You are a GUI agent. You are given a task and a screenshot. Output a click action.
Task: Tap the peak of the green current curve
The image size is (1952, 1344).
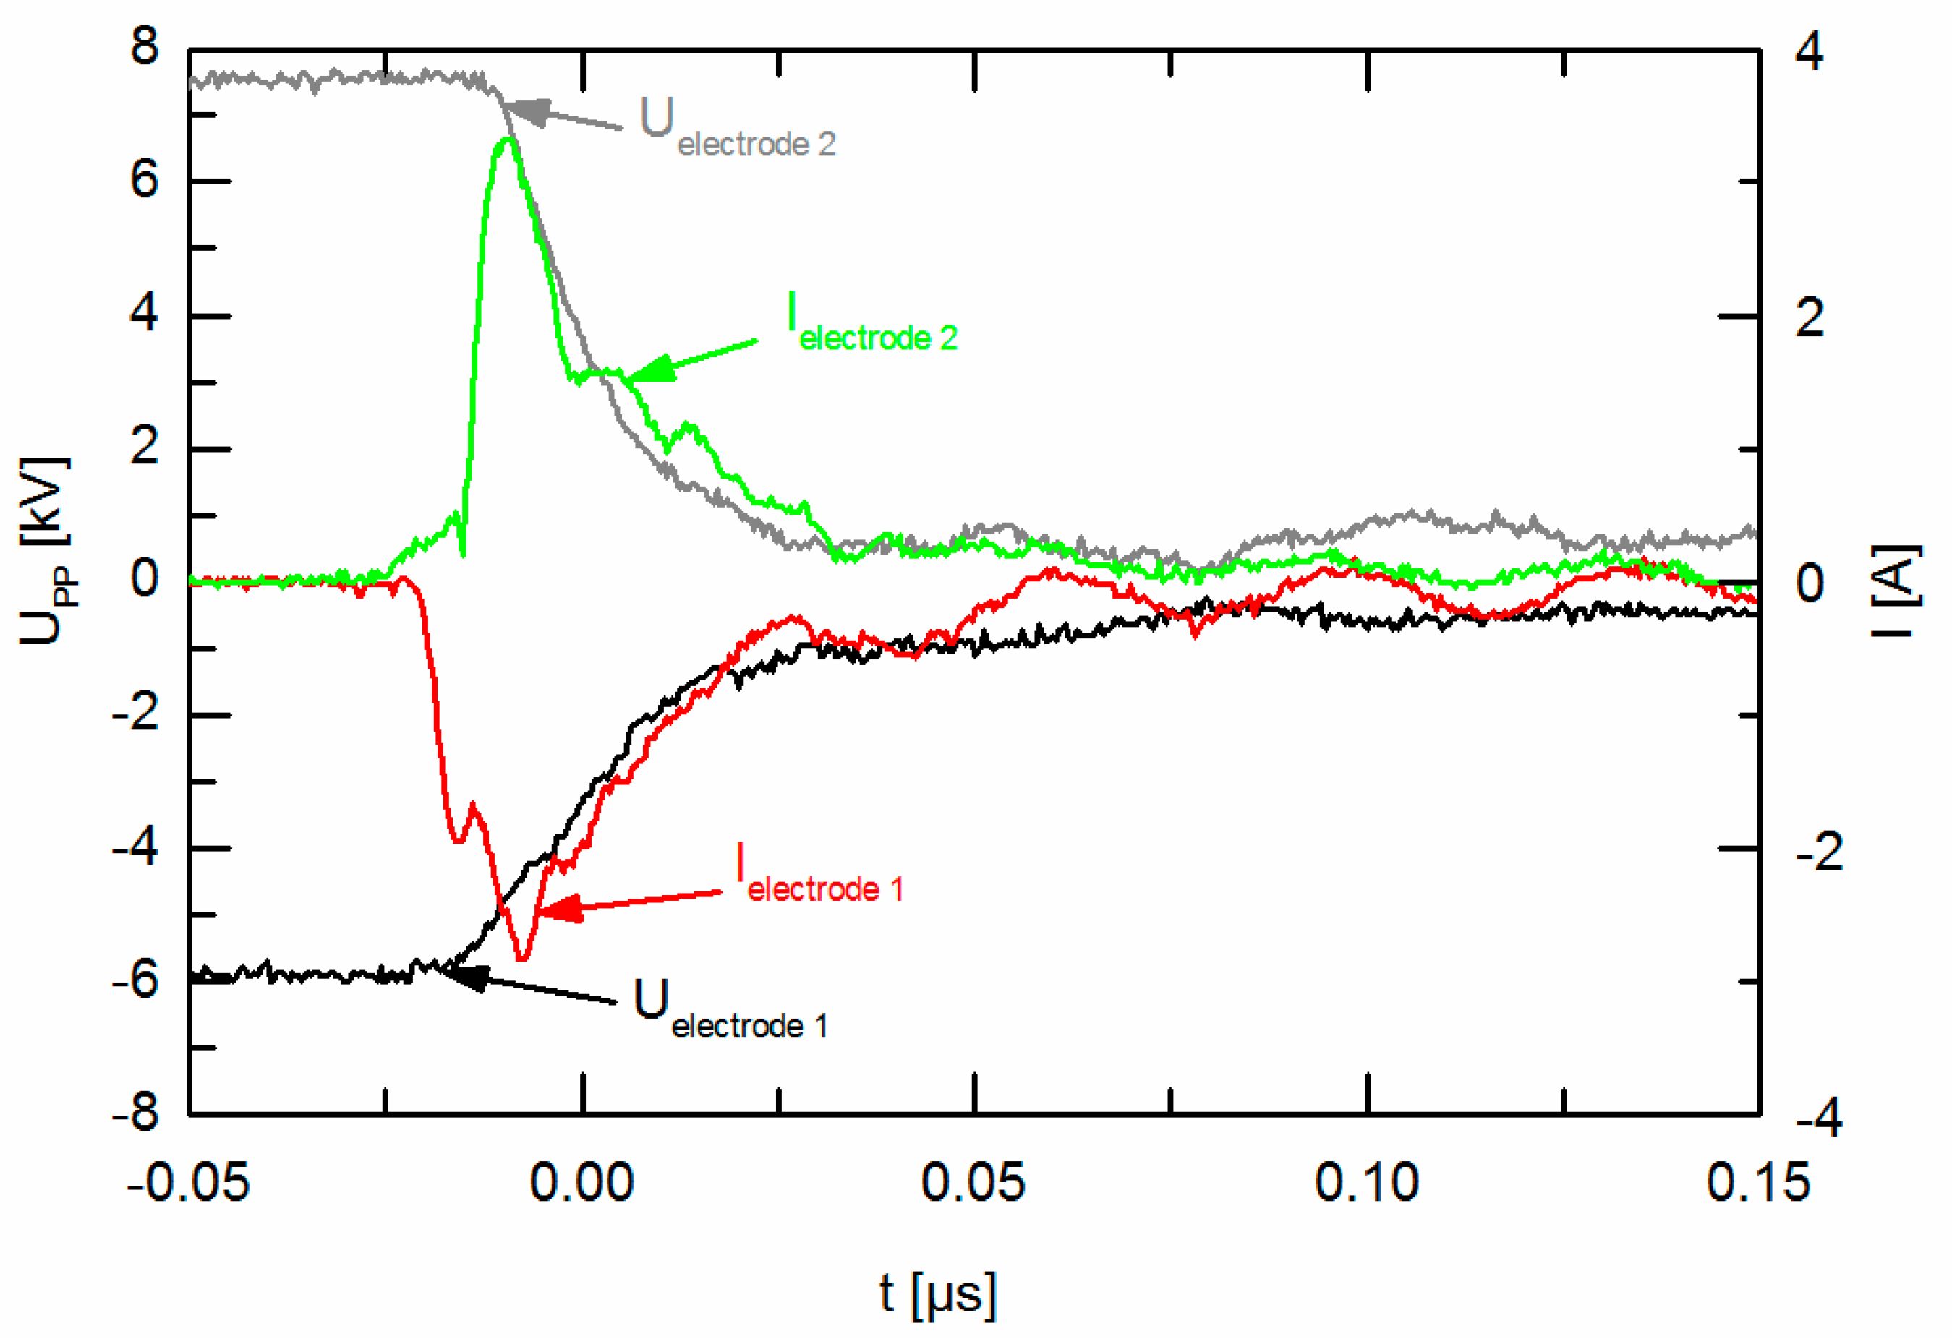tap(507, 139)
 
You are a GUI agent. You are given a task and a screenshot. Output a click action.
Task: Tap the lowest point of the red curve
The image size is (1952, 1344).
tap(523, 959)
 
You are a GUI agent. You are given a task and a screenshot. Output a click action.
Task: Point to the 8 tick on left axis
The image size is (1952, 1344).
tap(145, 46)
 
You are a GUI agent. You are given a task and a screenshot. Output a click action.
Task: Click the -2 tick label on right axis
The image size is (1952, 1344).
tap(1818, 852)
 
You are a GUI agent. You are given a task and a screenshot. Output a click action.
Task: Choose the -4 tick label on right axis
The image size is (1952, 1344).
tap(1818, 1118)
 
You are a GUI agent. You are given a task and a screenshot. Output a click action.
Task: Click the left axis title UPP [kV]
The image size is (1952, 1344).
tap(44, 552)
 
